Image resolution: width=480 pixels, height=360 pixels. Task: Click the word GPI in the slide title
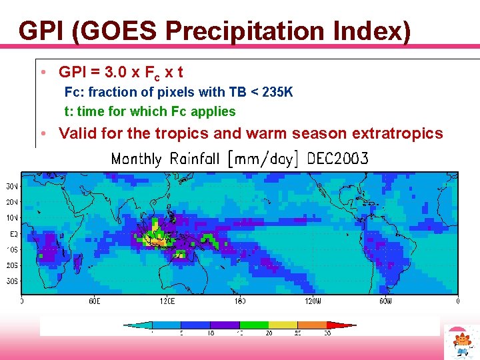point(39,30)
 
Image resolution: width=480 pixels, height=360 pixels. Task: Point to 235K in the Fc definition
point(277,92)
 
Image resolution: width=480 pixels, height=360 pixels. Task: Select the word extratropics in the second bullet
point(398,133)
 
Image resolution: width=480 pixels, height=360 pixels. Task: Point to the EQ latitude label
point(13,234)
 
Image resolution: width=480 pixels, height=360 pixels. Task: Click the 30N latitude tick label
point(12,186)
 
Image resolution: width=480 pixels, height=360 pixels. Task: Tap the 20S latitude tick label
point(12,265)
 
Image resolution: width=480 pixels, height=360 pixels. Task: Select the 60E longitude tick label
point(95,301)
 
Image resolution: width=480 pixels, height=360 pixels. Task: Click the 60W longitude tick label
point(385,301)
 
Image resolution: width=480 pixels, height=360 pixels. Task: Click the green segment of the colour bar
point(253,325)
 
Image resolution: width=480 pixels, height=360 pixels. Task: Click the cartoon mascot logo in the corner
point(461,341)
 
